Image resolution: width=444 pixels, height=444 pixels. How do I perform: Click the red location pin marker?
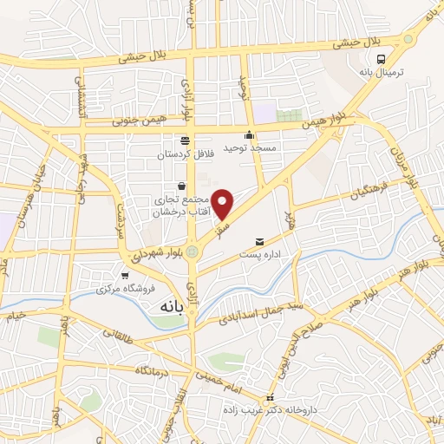coord(224,203)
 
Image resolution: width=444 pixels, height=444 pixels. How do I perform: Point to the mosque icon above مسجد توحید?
coord(250,134)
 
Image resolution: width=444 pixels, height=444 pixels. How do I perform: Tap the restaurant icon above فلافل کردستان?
coord(184,140)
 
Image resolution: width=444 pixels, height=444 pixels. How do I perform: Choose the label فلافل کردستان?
coord(185,153)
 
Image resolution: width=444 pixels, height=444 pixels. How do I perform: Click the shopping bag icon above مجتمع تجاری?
coord(180,185)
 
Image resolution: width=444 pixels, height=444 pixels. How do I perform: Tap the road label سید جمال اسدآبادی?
coord(261,312)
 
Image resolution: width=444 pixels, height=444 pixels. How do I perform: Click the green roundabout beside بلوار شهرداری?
coord(191,252)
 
